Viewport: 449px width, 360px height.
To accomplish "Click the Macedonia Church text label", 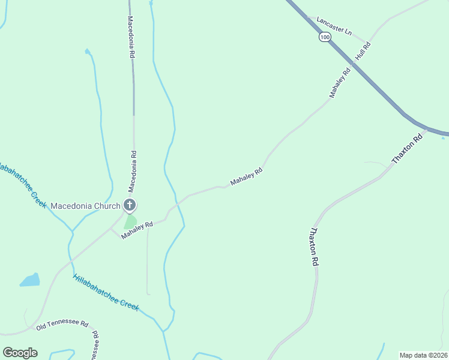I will (85, 206).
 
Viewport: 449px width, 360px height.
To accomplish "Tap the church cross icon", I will (129, 205).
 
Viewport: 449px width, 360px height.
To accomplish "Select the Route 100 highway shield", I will (325, 37).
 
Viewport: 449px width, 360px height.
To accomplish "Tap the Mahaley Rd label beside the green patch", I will (137, 230).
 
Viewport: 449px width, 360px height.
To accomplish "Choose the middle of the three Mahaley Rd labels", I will (247, 177).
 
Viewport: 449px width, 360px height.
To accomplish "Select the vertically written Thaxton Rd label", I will (313, 247).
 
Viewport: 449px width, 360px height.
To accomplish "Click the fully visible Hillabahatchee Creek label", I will (106, 293).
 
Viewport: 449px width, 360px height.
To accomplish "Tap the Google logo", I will (20, 353).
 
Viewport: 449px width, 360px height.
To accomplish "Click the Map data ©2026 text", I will (423, 355).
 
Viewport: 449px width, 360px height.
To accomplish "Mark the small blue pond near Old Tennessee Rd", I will (30, 280).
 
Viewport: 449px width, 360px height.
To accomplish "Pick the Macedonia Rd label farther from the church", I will (131, 37).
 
